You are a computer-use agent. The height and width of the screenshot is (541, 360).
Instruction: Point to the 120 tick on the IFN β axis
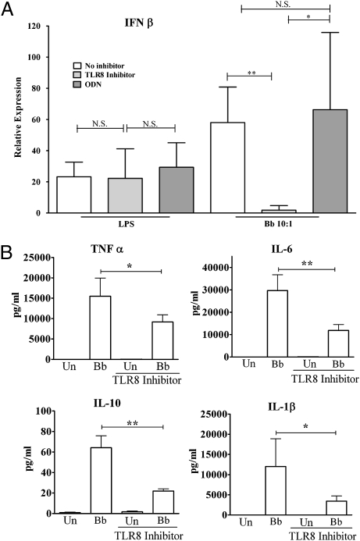(34, 26)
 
